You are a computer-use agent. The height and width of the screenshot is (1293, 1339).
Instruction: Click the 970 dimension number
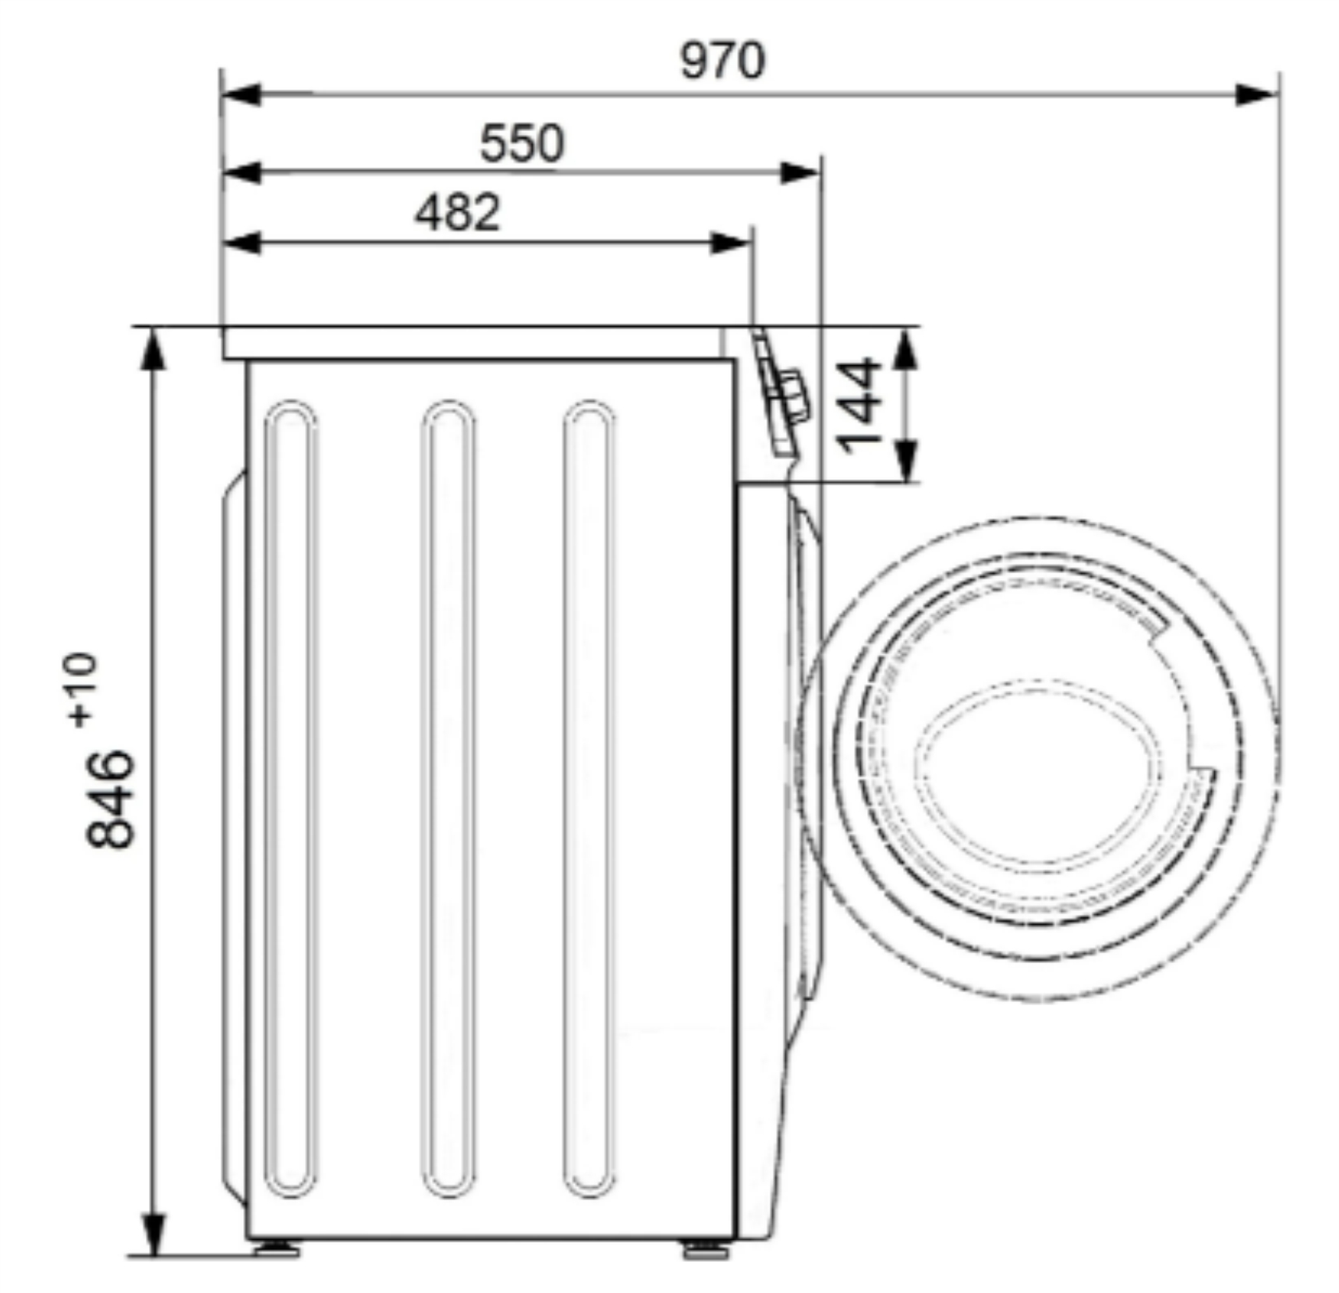[x=722, y=61]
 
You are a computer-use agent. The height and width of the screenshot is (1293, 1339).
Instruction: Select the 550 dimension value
[x=521, y=143]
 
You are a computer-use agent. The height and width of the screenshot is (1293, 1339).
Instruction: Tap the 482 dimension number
[x=457, y=213]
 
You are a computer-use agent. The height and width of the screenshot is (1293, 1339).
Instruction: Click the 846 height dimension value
[x=110, y=799]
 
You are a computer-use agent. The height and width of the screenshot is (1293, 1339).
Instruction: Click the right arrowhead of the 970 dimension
[x=1257, y=95]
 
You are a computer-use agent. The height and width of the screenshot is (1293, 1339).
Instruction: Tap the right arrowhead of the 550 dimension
[x=800, y=173]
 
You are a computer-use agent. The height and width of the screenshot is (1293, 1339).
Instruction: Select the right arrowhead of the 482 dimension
[x=731, y=243]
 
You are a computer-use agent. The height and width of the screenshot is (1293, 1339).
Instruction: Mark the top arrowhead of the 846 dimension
[x=154, y=348]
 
